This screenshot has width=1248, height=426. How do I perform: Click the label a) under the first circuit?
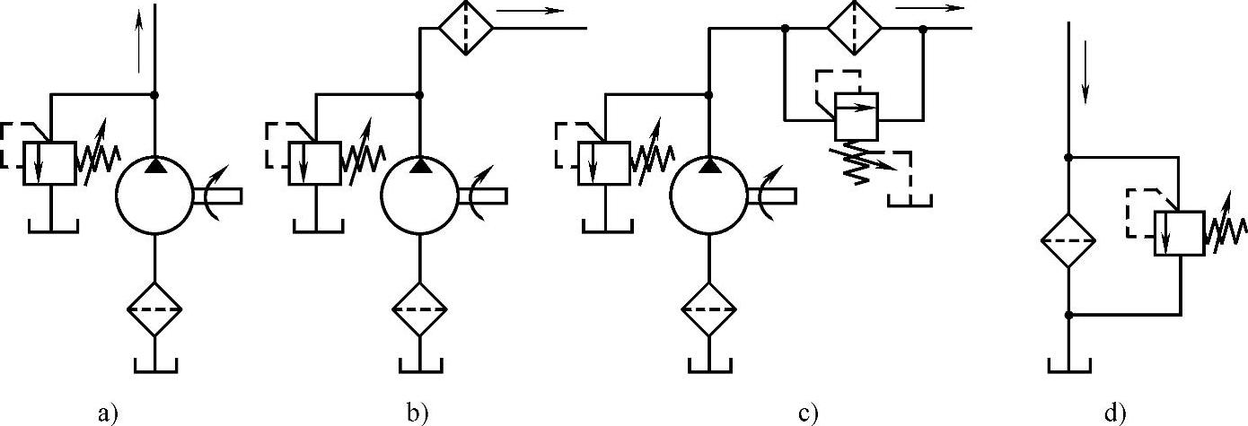[x=108, y=413]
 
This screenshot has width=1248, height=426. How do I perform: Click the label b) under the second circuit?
[x=417, y=413]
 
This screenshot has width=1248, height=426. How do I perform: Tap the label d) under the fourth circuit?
[x=1113, y=413]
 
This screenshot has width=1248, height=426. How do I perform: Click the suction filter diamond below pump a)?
[x=154, y=309]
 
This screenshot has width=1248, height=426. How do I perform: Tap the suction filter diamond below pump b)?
[x=419, y=309]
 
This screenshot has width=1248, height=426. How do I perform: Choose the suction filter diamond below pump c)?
[x=709, y=309]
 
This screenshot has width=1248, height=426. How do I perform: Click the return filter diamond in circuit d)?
[x=1068, y=241]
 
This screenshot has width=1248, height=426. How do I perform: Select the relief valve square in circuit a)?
[x=49, y=163]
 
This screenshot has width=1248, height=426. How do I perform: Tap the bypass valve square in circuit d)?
[x=1179, y=233]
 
